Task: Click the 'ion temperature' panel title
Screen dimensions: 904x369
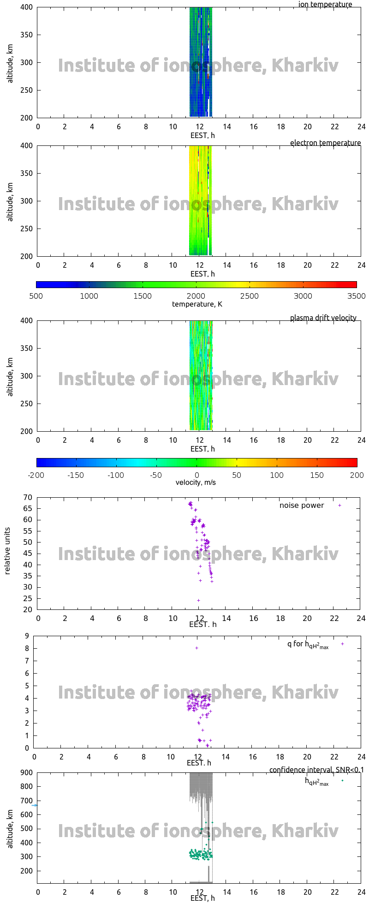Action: [325, 5]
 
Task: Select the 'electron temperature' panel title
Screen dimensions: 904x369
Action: [325, 143]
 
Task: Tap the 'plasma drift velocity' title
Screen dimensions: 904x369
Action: [323, 318]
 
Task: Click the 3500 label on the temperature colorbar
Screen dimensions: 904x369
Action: [357, 296]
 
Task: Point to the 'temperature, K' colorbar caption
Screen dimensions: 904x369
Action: [197, 304]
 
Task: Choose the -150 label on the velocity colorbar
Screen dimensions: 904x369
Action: [76, 476]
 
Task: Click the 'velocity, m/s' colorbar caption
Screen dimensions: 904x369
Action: [196, 483]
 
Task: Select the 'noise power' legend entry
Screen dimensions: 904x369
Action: [302, 506]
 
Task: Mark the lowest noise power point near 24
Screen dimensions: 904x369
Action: [199, 601]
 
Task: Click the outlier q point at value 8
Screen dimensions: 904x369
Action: [196, 648]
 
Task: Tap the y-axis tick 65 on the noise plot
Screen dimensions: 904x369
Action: [28, 509]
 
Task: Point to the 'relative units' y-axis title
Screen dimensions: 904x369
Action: [7, 554]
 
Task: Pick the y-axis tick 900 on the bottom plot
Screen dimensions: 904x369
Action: [26, 772]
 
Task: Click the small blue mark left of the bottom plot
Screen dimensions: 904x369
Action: [34, 806]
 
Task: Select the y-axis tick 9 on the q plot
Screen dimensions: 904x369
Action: [27, 636]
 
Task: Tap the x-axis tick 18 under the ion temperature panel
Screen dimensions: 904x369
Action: [280, 127]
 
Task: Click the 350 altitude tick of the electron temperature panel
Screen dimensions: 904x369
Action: [26, 174]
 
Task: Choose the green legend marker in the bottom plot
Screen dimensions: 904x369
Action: [342, 781]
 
